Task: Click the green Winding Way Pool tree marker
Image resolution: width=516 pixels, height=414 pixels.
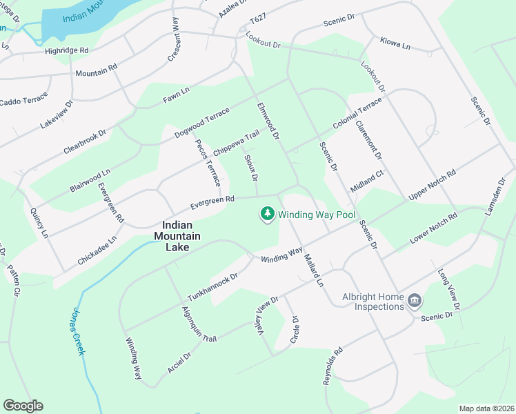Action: pyautogui.click(x=267, y=215)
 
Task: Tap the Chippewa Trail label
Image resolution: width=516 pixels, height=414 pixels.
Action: pyautogui.click(x=236, y=142)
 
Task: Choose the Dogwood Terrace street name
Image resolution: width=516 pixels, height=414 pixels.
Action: pyautogui.click(x=201, y=122)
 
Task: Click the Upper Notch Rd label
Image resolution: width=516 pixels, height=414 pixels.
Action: pyautogui.click(x=433, y=185)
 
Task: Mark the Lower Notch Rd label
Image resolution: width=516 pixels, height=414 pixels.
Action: pyautogui.click(x=433, y=228)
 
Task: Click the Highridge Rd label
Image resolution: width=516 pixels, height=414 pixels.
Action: pyautogui.click(x=67, y=50)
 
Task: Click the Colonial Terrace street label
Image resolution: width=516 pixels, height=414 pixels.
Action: pyautogui.click(x=357, y=114)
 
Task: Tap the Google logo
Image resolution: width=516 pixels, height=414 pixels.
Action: pyautogui.click(x=23, y=406)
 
